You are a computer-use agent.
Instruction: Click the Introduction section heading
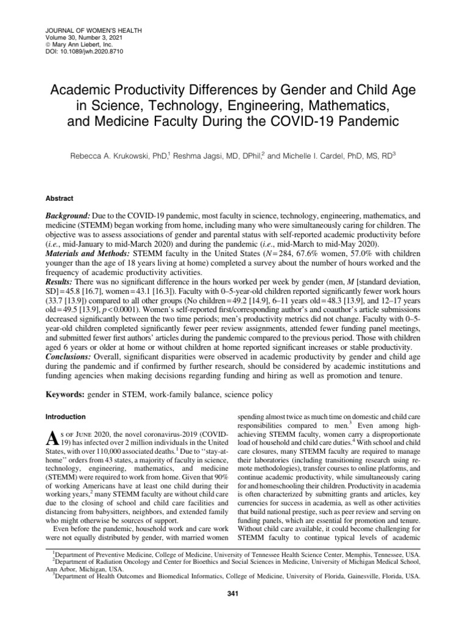click(65, 417)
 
